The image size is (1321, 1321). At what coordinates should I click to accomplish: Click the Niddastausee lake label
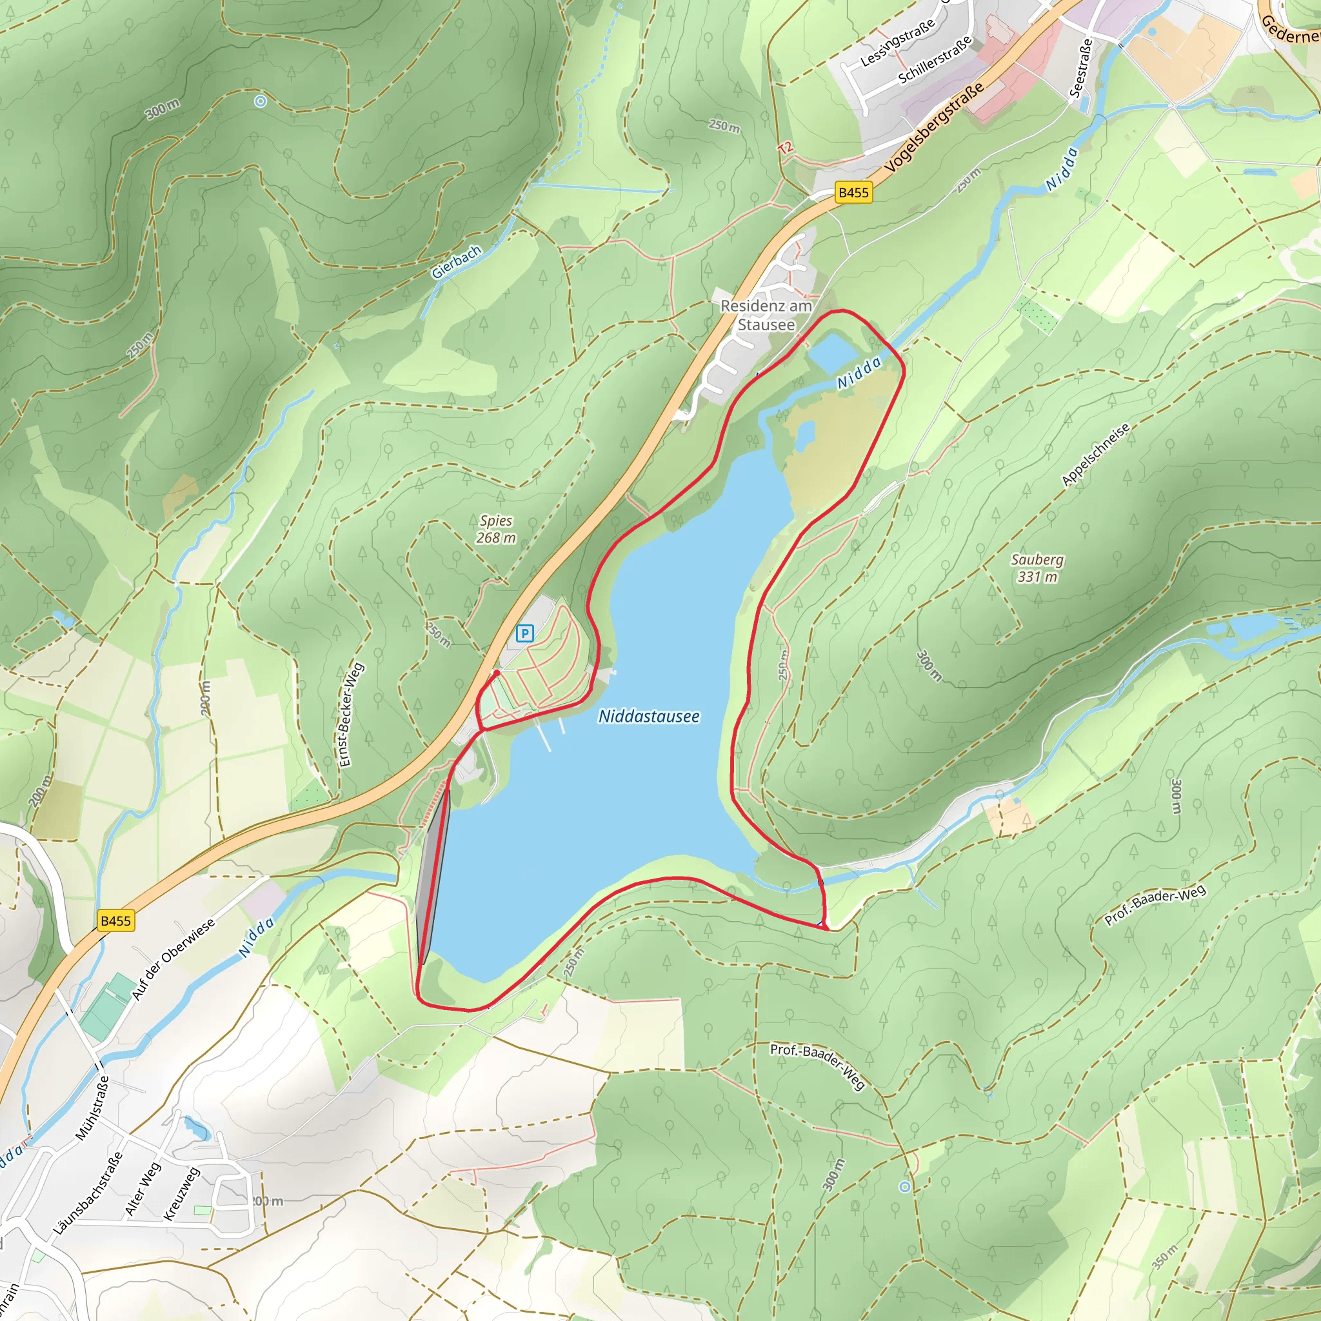(649, 717)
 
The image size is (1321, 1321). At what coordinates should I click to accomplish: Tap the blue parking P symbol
(524, 633)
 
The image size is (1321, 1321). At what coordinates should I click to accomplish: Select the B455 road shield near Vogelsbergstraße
(853, 193)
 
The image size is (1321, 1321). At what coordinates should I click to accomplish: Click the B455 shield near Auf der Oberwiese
(115, 920)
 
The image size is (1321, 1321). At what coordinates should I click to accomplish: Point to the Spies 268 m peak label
(497, 529)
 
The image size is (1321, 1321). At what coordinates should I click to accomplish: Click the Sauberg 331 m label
(1037, 568)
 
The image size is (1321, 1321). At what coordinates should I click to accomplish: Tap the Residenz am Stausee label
(766, 315)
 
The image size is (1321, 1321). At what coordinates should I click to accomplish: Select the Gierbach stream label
(456, 263)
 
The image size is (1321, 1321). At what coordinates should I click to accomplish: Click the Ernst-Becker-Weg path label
(352, 715)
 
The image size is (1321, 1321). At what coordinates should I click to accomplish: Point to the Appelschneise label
(1095, 455)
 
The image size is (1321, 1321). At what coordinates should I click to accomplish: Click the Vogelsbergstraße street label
(934, 127)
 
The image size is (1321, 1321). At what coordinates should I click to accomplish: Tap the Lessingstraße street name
(897, 43)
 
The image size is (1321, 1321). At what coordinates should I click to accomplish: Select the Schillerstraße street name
(935, 59)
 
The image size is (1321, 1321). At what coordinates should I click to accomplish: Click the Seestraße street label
(1081, 68)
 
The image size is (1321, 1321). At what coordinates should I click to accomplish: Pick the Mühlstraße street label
(92, 1107)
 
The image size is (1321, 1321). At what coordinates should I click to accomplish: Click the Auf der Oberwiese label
(173, 958)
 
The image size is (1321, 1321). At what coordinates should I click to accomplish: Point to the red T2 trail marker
(785, 147)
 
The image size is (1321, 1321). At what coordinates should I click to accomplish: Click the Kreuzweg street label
(181, 1194)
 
